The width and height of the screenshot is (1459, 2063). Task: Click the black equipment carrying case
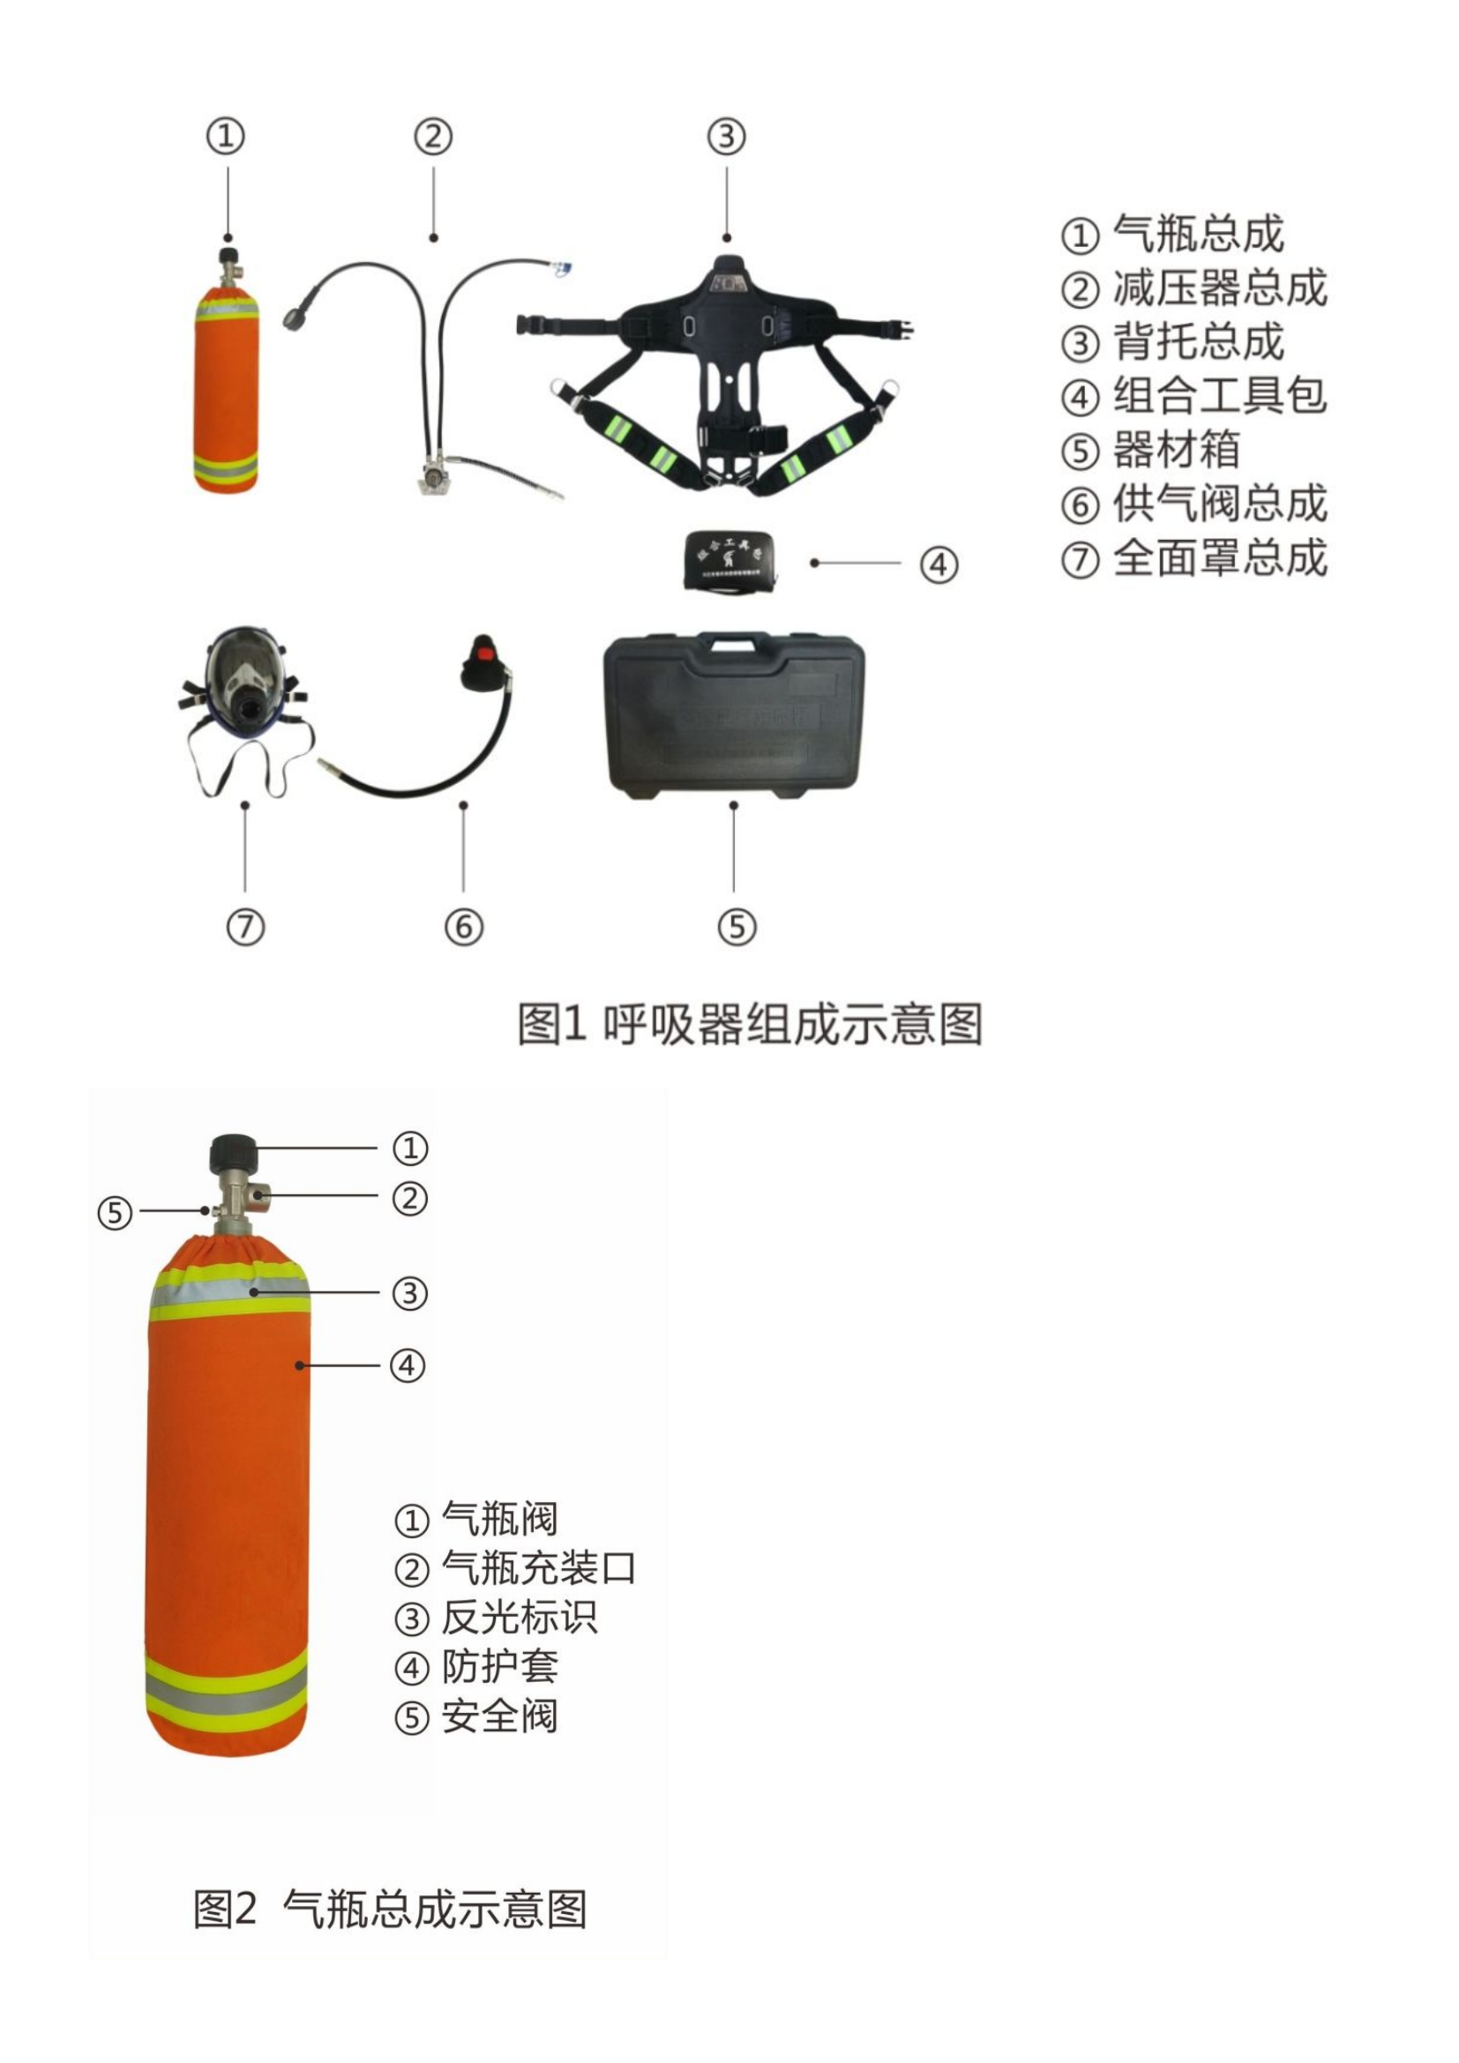click(x=733, y=719)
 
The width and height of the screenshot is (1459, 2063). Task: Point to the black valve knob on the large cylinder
click(x=234, y=1153)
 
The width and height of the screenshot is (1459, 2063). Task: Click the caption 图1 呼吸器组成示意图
click(x=750, y=1023)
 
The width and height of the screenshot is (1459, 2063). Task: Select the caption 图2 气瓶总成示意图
click(x=391, y=1910)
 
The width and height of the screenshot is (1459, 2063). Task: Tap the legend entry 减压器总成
click(x=1219, y=288)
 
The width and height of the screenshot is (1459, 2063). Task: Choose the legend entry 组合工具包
click(x=1219, y=396)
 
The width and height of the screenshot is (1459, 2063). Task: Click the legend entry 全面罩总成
click(x=1219, y=558)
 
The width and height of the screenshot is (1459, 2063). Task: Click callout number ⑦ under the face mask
click(x=245, y=926)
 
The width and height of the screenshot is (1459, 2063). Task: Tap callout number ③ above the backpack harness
click(x=726, y=137)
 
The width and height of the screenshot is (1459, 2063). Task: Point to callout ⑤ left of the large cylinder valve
click(x=114, y=1213)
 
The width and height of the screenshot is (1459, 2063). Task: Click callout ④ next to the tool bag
click(x=938, y=565)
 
